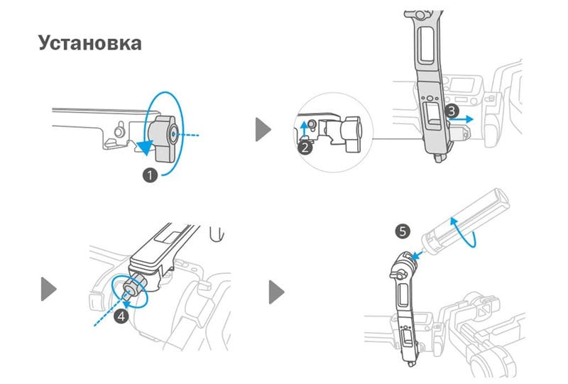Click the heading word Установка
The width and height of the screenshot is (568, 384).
click(89, 42)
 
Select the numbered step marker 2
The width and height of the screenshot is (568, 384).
click(305, 148)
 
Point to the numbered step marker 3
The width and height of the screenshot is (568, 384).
click(452, 111)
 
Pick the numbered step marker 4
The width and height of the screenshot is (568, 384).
click(121, 316)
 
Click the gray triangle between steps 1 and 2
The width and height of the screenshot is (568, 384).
click(263, 130)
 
